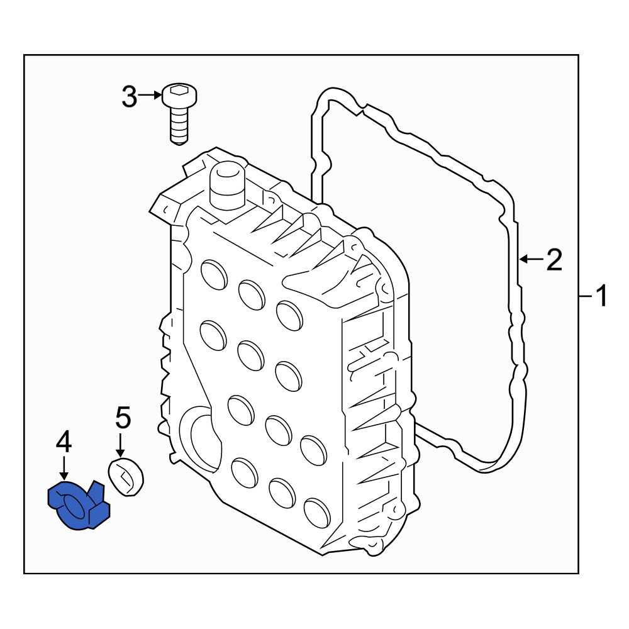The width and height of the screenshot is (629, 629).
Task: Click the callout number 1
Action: (601, 296)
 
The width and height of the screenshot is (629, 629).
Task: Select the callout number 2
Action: (554, 259)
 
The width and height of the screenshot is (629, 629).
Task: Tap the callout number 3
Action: (129, 96)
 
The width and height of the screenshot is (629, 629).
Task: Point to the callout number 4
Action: (64, 442)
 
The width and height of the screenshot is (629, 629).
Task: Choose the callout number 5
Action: (123, 418)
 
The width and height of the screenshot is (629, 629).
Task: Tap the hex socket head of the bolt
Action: (180, 95)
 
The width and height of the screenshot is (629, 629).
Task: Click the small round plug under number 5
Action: (126, 477)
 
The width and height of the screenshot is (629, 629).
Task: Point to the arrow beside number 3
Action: (149, 96)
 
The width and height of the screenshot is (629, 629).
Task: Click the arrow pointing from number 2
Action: (532, 259)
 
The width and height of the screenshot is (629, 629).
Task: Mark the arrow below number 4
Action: (64, 468)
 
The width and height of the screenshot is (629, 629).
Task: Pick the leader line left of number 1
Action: (585, 296)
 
